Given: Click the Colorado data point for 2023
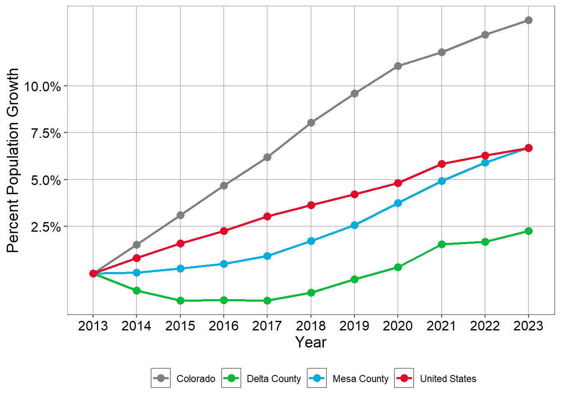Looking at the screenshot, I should [x=528, y=20].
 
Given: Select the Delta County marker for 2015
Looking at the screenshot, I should [x=180, y=300].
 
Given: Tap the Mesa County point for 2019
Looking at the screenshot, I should [x=354, y=225].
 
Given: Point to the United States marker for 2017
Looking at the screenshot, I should [x=267, y=216].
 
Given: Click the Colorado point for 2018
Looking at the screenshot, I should [x=311, y=122].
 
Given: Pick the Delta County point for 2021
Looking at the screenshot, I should [x=442, y=244].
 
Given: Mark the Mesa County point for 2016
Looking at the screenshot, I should [x=224, y=264].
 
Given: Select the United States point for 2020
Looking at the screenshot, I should [x=398, y=183].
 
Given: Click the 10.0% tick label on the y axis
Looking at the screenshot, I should [x=43, y=87].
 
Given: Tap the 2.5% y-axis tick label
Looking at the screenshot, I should [x=46, y=227].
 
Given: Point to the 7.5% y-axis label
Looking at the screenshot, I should [x=46, y=133].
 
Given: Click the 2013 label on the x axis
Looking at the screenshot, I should [x=93, y=326].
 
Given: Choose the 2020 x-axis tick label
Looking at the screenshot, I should [x=398, y=326].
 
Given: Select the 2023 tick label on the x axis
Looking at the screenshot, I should [x=528, y=326].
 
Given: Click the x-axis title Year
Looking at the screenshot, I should [x=311, y=342].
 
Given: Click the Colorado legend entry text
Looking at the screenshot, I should [x=196, y=379].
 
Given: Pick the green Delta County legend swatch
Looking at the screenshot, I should [x=231, y=378].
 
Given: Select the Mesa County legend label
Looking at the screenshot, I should [x=361, y=379].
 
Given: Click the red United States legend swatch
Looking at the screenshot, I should [x=404, y=378].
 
